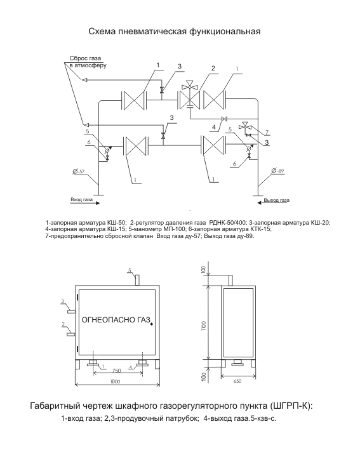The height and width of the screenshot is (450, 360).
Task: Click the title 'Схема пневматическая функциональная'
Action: [x=174, y=31]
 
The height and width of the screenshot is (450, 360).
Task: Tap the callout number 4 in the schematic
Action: [x=214, y=127]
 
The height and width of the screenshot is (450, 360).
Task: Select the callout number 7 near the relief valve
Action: [x=267, y=132]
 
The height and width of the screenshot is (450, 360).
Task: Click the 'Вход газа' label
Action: [x=81, y=199]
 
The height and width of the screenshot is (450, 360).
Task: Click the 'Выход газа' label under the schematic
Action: [x=276, y=200]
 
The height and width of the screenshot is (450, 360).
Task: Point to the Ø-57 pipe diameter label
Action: [x=79, y=171]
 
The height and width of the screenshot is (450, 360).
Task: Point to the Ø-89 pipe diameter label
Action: [x=277, y=171]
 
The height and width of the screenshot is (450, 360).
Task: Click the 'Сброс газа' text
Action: [x=85, y=58]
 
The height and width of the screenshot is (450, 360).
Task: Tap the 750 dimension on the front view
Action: [x=116, y=371]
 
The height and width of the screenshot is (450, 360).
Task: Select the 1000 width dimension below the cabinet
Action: [x=115, y=381]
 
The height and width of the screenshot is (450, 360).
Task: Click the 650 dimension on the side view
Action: [x=237, y=381]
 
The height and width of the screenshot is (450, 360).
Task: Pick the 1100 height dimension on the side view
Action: [x=204, y=326]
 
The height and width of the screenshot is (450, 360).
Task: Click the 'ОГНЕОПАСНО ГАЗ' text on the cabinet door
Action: [x=116, y=320]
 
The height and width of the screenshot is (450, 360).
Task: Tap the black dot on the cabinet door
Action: [x=152, y=324]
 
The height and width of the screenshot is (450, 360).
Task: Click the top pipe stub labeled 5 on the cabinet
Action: [x=137, y=280]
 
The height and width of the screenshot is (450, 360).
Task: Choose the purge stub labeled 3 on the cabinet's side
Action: [x=71, y=311]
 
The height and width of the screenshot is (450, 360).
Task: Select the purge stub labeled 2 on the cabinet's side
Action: [x=71, y=334]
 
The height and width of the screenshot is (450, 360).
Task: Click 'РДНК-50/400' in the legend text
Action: [x=228, y=222]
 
